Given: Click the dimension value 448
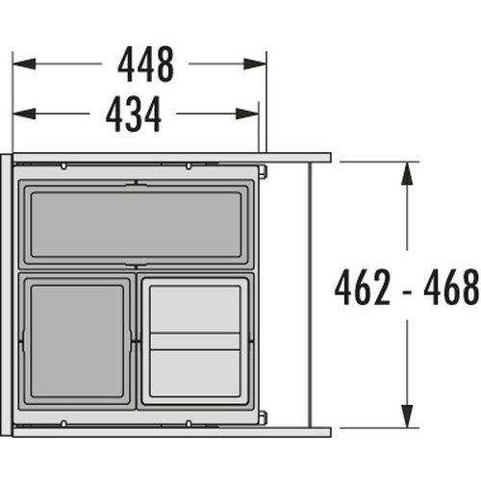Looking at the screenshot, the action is coord(146,64).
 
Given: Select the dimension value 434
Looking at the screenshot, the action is coord(134,114).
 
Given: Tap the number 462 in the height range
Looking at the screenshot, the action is coord(363,287).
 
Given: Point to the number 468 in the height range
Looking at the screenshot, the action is coord(451,287).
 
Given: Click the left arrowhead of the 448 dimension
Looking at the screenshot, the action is coord(24,63).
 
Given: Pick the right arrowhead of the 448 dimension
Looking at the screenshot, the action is coord(255,63).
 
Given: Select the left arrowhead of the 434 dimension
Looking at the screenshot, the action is coord(24,114).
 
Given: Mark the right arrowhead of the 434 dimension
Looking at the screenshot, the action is coord(247,114).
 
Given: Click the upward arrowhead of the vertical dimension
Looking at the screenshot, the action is coord(407,173).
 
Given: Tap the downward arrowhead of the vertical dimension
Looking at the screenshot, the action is coord(407,417).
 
